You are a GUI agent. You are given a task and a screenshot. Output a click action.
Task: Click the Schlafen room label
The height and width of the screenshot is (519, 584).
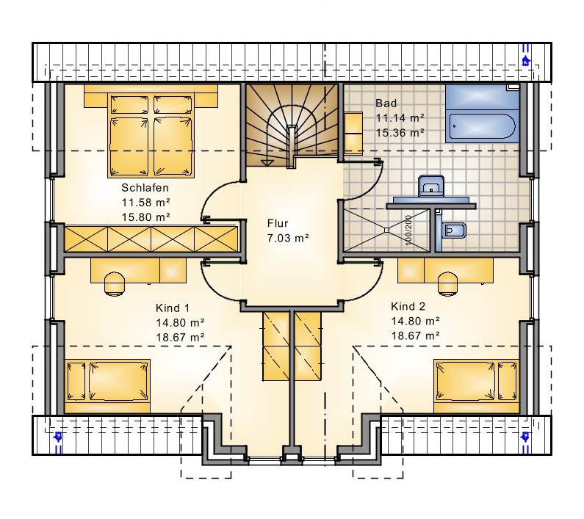click(145, 188)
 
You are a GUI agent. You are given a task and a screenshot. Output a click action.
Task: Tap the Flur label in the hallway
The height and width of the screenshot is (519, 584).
click(278, 223)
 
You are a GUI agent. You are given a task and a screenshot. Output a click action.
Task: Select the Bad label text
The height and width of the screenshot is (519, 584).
click(386, 103)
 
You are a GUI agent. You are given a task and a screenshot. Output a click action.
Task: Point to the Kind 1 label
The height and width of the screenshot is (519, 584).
click(173, 308)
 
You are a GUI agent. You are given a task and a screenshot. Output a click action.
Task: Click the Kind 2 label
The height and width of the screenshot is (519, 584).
click(408, 306)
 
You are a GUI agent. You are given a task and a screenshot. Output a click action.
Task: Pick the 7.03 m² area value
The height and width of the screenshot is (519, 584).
click(288, 238)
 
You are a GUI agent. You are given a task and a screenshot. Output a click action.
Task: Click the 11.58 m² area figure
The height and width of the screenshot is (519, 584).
click(145, 203)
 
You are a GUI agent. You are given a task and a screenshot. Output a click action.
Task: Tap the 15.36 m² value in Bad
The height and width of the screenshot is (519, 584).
click(400, 133)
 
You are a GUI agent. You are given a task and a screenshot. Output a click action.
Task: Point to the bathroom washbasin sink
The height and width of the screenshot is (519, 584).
click(431, 186)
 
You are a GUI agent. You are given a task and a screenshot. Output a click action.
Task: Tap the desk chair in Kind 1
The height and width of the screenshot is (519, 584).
click(114, 283)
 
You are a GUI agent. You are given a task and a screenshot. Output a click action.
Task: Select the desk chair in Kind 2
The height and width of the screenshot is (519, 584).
click(447, 283)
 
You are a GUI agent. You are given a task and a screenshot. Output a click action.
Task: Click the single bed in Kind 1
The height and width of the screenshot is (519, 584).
click(107, 386)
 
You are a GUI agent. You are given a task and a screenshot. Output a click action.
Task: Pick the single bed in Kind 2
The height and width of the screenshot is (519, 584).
click(476, 386)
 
